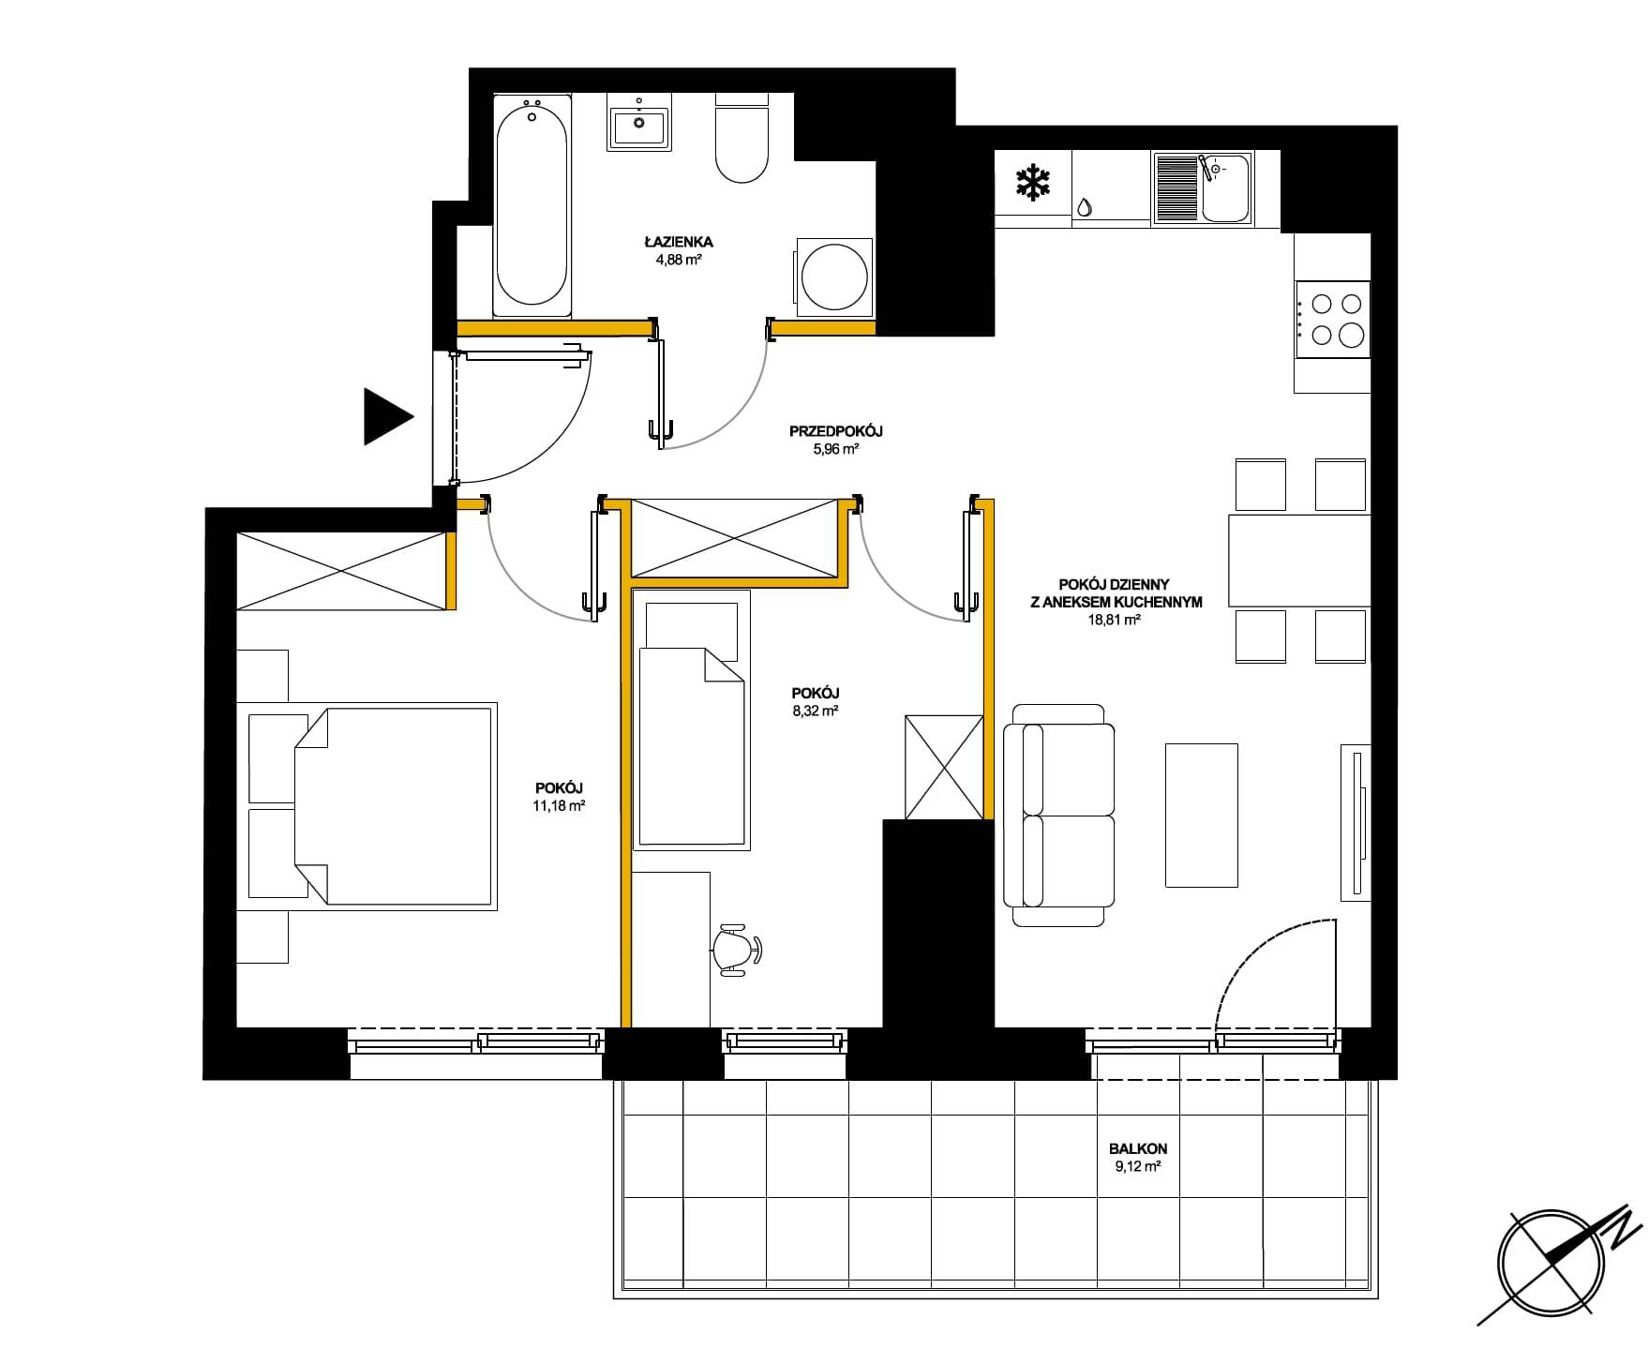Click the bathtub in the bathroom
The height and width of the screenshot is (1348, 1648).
click(532, 205)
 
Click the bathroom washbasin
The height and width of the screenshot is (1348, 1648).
click(638, 122)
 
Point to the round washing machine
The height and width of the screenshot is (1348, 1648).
click(834, 277)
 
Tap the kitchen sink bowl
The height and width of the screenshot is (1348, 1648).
click(1226, 188)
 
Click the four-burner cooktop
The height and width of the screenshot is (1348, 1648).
click(1332, 319)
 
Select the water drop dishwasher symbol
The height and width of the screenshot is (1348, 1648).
click(1084, 207)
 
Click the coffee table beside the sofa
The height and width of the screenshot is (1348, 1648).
click(1201, 815)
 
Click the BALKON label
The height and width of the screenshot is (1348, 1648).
click(1137, 1148)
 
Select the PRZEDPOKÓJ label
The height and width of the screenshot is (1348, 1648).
click(836, 431)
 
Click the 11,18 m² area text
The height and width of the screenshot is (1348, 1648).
click(559, 804)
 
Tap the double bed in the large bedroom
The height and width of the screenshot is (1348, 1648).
click(373, 806)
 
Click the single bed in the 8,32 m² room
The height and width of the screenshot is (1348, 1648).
click(692, 720)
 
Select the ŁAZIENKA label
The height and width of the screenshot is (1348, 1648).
click(679, 242)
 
